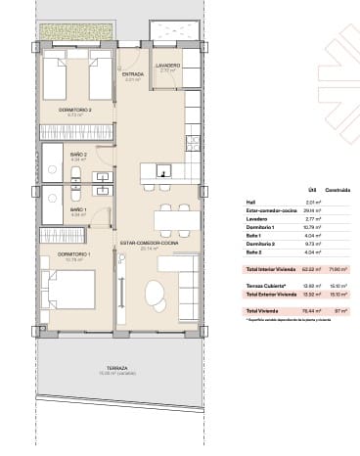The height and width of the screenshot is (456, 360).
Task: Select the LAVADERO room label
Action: point(167,68)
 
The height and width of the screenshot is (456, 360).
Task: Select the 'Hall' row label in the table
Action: point(250,202)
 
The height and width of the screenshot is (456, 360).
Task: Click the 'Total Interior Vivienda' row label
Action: point(270,268)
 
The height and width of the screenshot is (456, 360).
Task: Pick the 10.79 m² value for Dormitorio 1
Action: point(313,226)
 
